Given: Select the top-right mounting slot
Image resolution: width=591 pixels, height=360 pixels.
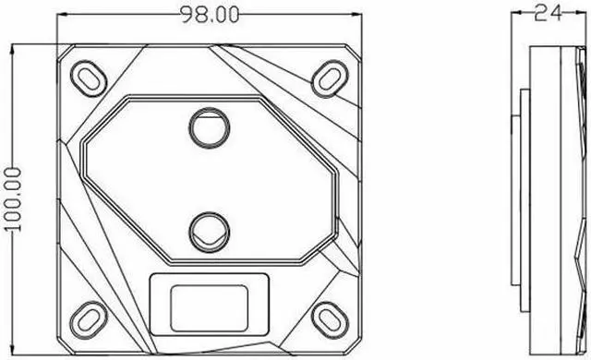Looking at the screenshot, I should (x=328, y=76).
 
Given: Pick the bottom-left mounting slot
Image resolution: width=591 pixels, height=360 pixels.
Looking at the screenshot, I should (x=88, y=317).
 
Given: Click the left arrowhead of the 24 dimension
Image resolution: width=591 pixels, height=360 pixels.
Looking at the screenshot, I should (x=517, y=14).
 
